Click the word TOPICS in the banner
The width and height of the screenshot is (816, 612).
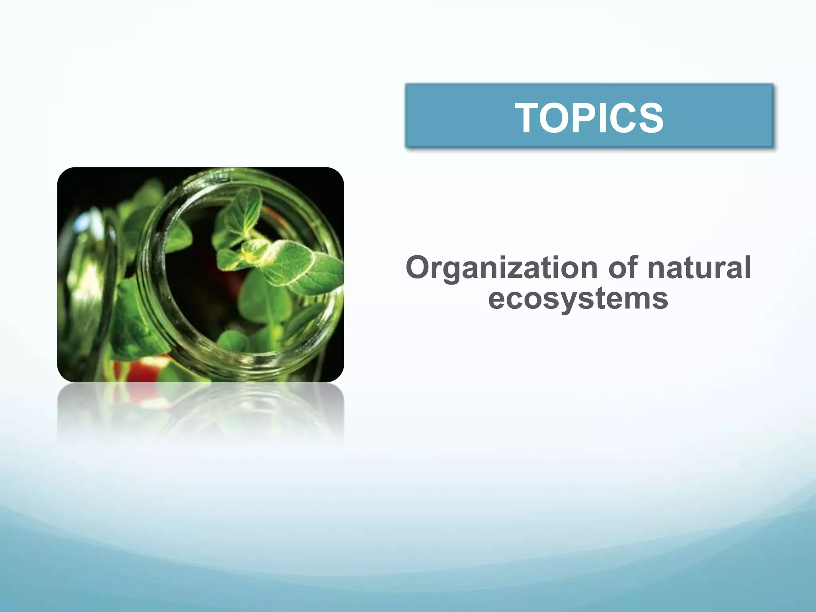(589, 118)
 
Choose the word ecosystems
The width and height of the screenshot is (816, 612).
(578, 300)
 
